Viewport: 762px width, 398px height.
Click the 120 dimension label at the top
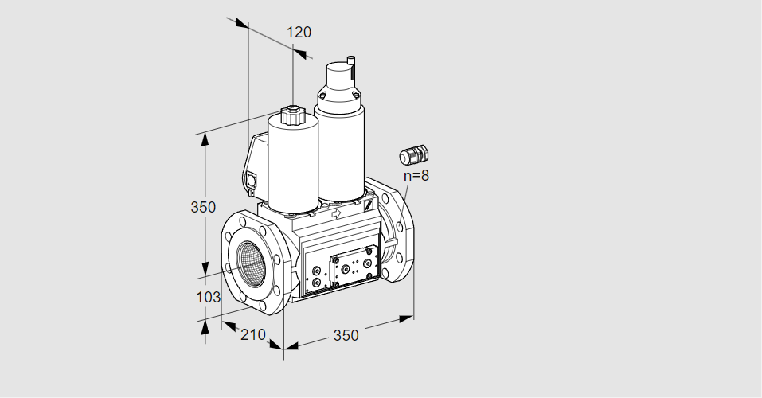(x=299, y=32)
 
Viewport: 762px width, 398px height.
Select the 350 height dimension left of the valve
(x=203, y=207)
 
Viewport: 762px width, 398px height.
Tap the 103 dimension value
(x=208, y=297)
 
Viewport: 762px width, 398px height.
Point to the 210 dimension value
(x=253, y=334)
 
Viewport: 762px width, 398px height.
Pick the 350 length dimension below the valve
(x=346, y=335)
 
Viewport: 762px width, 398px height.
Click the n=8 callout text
(x=416, y=175)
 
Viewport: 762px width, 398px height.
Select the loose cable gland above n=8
(x=414, y=154)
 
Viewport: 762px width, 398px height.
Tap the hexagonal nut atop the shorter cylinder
(x=291, y=116)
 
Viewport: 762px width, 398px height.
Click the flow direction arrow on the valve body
(x=335, y=213)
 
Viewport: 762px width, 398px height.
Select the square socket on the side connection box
(x=252, y=180)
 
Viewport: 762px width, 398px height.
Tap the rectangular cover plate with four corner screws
(x=354, y=267)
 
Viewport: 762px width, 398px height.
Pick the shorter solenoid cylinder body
(x=292, y=166)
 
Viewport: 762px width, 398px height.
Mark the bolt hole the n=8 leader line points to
(x=400, y=226)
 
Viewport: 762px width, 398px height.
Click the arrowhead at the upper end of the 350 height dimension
(x=205, y=139)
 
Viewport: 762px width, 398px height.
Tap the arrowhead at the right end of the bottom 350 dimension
(x=406, y=318)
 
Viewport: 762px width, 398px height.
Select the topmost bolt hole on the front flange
(x=243, y=222)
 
